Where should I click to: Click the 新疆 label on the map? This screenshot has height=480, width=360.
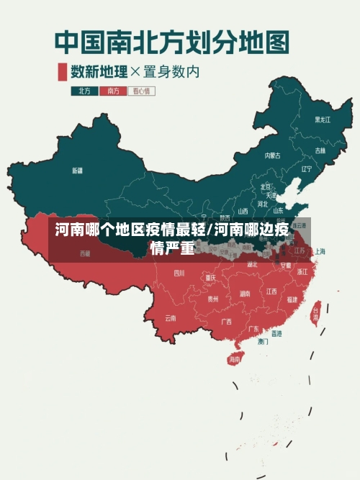(77, 171)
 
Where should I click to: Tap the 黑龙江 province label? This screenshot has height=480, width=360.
(322, 119)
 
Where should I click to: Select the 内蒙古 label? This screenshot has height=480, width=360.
(272, 155)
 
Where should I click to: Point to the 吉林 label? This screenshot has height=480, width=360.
(320, 150)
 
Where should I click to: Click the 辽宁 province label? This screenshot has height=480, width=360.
(307, 169)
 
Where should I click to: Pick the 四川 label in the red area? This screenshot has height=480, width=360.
(179, 273)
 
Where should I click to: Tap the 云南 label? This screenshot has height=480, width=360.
(171, 317)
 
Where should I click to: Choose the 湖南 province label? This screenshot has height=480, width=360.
(245, 293)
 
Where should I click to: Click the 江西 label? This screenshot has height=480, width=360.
(271, 291)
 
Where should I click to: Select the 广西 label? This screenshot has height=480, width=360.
(226, 321)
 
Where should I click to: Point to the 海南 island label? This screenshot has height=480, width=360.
(234, 358)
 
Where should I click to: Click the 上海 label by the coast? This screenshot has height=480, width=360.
(320, 251)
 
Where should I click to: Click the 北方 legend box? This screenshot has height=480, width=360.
(84, 91)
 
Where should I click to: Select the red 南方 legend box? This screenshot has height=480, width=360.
(112, 91)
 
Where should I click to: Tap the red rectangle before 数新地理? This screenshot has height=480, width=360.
(62, 71)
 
